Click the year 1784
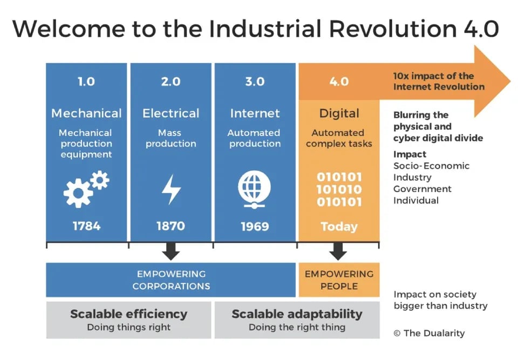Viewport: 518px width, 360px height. pyautogui.click(x=86, y=226)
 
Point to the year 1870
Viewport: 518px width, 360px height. pyautogui.click(x=171, y=226)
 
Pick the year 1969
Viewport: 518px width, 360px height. pyautogui.click(x=255, y=226)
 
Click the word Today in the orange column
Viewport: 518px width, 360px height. pyautogui.click(x=339, y=226)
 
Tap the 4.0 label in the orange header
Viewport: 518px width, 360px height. pyautogui.click(x=339, y=82)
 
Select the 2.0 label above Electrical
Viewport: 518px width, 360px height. pyautogui.click(x=171, y=82)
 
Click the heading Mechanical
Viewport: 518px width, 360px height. pyautogui.click(x=86, y=113)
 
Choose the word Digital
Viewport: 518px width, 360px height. pyautogui.click(x=339, y=113)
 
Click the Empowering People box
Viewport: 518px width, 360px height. pyautogui.click(x=339, y=280)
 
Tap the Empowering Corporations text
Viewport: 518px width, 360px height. pyautogui.click(x=171, y=280)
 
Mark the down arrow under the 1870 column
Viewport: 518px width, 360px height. pyautogui.click(x=171, y=250)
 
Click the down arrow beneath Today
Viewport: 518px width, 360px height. pyautogui.click(x=338, y=250)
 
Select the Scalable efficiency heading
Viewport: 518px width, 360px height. pyautogui.click(x=128, y=314)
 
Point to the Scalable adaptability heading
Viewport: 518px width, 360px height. pyautogui.click(x=297, y=314)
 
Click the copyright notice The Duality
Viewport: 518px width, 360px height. pyautogui.click(x=429, y=333)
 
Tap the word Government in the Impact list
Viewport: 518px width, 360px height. pyautogui.click(x=422, y=189)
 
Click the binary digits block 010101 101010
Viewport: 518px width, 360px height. pyautogui.click(x=339, y=189)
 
